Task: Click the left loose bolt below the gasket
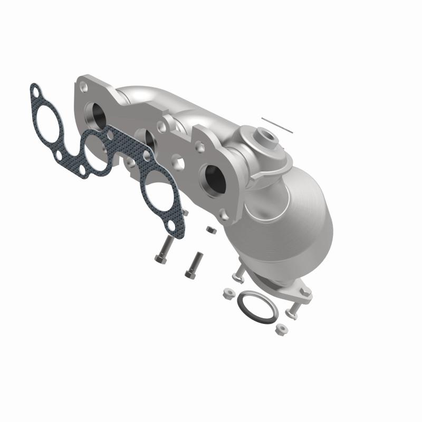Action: click(165, 250)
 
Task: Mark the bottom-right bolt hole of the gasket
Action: click(172, 227)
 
